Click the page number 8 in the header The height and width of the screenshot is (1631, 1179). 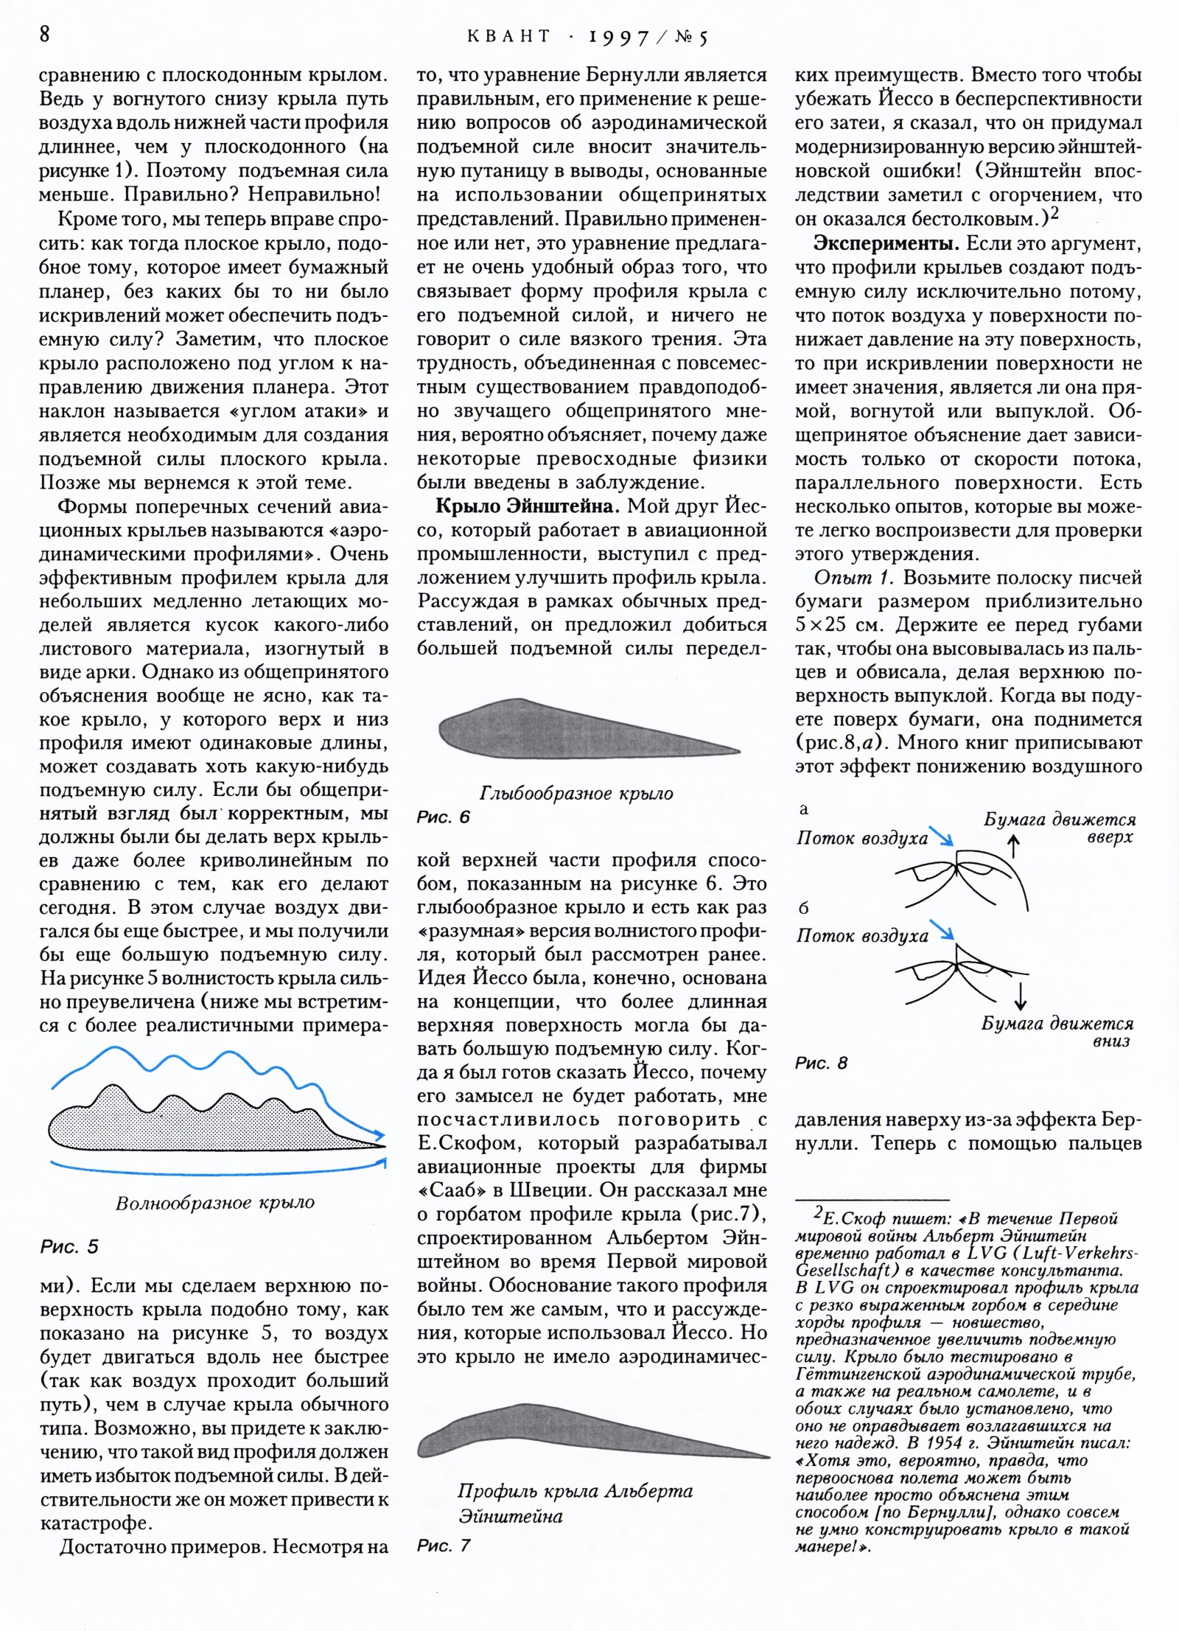(x=45, y=35)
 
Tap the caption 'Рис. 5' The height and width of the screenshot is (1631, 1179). (x=69, y=1247)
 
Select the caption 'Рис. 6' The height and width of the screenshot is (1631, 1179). (x=443, y=817)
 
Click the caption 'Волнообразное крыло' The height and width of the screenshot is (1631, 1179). (x=215, y=1203)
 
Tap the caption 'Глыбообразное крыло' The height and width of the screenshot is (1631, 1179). (x=576, y=794)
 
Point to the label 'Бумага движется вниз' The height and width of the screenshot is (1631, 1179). (x=1057, y=1032)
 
